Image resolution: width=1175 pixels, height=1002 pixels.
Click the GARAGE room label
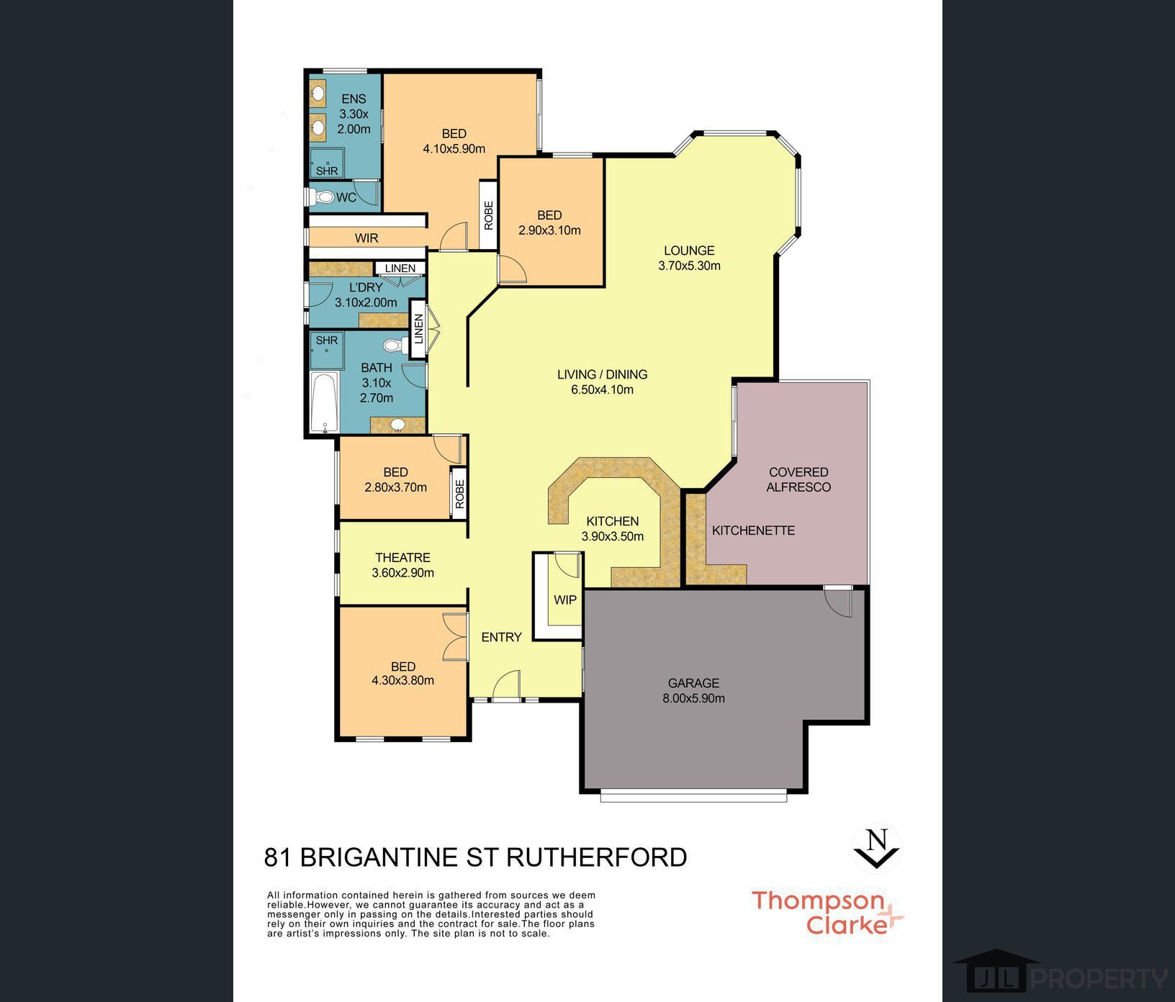[x=693, y=683]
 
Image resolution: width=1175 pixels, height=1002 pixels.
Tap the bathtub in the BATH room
[x=324, y=402]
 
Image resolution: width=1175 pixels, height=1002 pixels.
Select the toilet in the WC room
[x=323, y=197]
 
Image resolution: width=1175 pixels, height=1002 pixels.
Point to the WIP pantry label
[x=565, y=600]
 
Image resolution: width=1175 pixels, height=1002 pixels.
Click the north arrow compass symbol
[x=876, y=849]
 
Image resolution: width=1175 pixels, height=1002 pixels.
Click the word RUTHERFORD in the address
[x=597, y=857]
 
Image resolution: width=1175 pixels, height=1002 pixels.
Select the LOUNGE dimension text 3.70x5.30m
[x=689, y=266]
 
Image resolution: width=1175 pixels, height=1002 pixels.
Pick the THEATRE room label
[x=402, y=558]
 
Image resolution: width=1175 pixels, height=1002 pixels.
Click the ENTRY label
[x=501, y=637]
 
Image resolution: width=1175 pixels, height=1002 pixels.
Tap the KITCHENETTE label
[x=753, y=531]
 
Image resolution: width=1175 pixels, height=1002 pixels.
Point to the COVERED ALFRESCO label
[x=798, y=479]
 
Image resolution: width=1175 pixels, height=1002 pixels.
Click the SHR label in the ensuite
[x=327, y=171]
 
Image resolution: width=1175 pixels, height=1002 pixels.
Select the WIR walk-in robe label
[x=366, y=238]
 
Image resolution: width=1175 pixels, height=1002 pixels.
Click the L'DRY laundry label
[x=366, y=287]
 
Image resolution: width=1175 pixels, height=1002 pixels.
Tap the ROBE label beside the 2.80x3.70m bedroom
[x=459, y=493]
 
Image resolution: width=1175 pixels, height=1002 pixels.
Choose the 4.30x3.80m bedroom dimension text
[x=402, y=680]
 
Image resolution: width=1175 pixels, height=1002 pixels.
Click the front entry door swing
[x=506, y=685]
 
